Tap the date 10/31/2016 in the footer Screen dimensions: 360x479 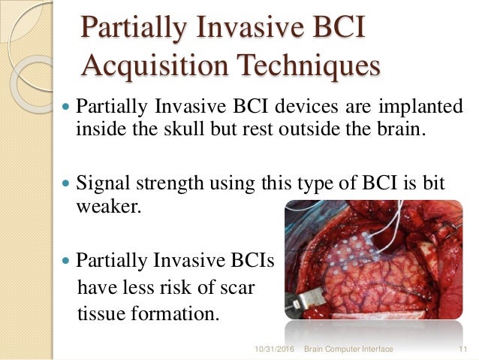pyautogui.click(x=277, y=350)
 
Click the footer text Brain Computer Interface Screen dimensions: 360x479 pyautogui.click(x=349, y=350)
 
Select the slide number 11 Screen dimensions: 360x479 pyautogui.click(x=462, y=350)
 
